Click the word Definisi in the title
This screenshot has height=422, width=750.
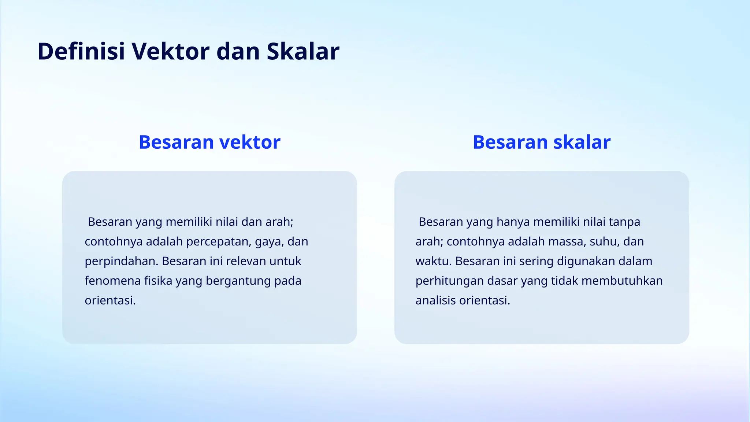point(81,51)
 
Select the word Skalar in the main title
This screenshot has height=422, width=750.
point(303,51)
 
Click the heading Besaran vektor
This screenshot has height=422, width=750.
point(209,142)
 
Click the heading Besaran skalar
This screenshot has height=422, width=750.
point(542,142)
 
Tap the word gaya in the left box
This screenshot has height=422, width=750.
point(269,242)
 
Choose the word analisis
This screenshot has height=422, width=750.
point(435,300)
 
